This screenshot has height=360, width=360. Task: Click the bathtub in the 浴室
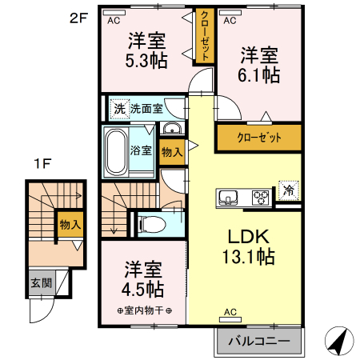pos(116,151)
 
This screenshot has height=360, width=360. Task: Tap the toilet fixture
pos(151,224)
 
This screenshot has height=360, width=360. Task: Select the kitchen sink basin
pos(228,198)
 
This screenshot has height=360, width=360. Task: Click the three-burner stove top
pos(261,198)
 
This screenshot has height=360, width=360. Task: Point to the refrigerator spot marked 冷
pos(288,190)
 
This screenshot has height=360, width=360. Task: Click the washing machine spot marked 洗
pos(119,109)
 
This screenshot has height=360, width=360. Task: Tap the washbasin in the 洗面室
pos(172,129)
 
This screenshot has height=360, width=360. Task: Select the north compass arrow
pos(340,342)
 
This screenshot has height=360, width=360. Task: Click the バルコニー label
pos(259,341)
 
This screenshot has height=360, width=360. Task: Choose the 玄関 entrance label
pos(42,283)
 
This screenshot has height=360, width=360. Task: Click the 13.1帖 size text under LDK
pos(249,257)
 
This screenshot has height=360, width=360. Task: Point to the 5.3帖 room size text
pos(146,61)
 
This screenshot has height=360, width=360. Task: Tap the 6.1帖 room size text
pos(258,75)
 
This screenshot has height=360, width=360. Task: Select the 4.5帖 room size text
pos(143,290)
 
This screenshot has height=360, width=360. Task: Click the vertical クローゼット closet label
pos(205,36)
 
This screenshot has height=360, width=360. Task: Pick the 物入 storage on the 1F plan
pos(70,225)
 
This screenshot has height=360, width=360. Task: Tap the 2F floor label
pos(78,18)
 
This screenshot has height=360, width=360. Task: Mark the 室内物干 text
pos(144,310)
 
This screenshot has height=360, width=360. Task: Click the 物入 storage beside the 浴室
pos(172,152)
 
